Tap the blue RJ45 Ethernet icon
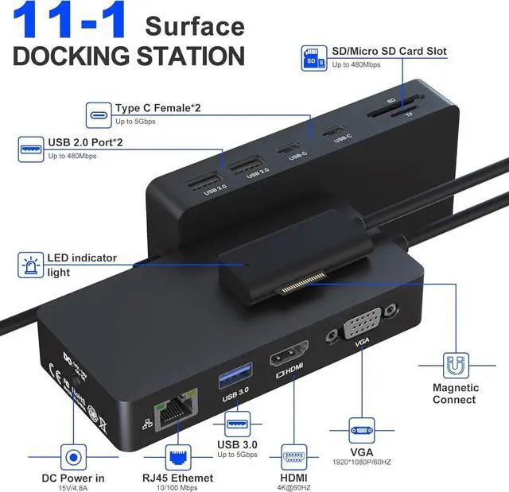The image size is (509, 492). pyautogui.click(x=178, y=456)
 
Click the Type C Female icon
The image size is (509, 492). pyautogui.click(x=99, y=114)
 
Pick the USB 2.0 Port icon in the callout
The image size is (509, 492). pyautogui.click(x=32, y=149)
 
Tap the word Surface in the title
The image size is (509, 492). pyautogui.click(x=195, y=26)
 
